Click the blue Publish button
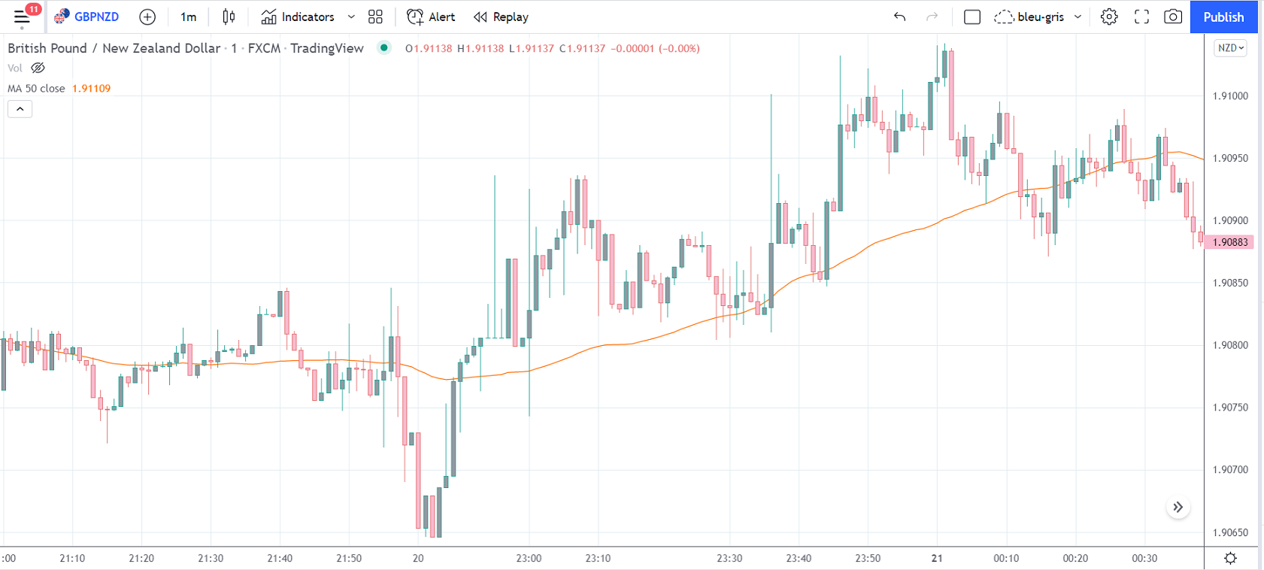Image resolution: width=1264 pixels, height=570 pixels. click(x=1223, y=17)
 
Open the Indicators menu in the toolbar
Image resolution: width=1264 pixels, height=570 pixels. click(x=299, y=17)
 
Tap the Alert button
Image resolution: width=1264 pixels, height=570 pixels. click(x=431, y=17)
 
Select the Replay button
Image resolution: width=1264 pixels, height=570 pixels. click(x=501, y=17)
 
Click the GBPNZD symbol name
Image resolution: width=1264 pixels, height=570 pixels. click(x=95, y=17)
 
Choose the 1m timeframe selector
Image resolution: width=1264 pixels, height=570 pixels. click(x=188, y=17)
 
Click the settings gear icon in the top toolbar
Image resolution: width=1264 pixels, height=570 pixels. click(x=1108, y=17)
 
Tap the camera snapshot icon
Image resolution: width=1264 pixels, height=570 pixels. click(x=1172, y=17)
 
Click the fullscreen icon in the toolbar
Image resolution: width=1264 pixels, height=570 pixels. click(x=1141, y=17)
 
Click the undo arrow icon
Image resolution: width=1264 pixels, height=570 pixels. click(x=899, y=17)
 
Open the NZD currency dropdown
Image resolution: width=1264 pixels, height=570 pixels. click(x=1230, y=48)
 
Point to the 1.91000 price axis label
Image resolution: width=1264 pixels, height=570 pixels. click(x=1230, y=96)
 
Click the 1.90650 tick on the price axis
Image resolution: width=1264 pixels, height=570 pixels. click(x=1230, y=532)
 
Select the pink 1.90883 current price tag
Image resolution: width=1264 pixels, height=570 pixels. click(x=1229, y=242)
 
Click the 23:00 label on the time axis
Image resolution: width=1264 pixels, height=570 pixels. click(x=529, y=558)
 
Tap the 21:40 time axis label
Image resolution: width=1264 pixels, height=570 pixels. click(x=280, y=558)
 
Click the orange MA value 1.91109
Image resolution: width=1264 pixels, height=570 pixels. click(x=91, y=89)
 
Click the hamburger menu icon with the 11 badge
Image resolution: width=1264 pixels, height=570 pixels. click(x=22, y=17)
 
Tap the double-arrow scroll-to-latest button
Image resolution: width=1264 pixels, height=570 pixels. click(x=1178, y=508)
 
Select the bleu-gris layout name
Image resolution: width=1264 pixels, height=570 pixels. click(x=1040, y=17)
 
